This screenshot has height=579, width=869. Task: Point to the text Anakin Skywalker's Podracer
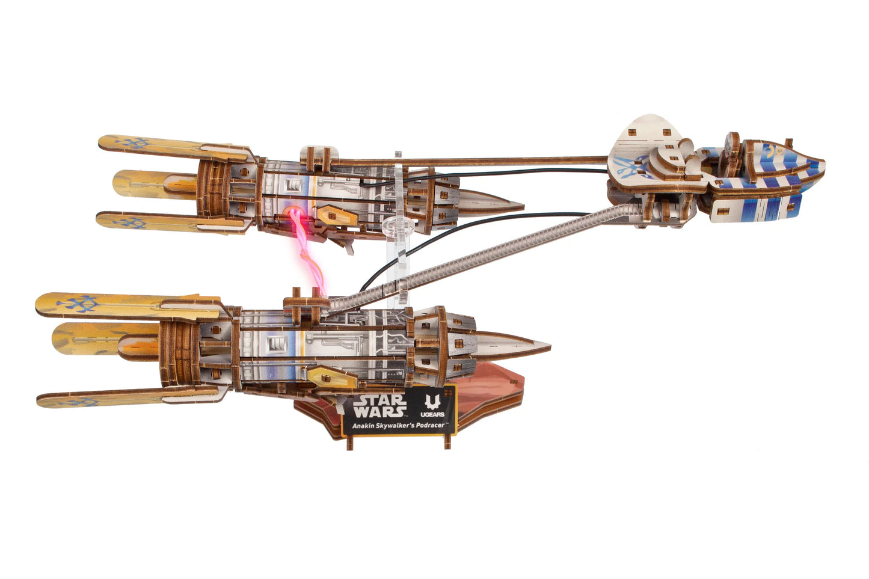coord(394,426)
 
